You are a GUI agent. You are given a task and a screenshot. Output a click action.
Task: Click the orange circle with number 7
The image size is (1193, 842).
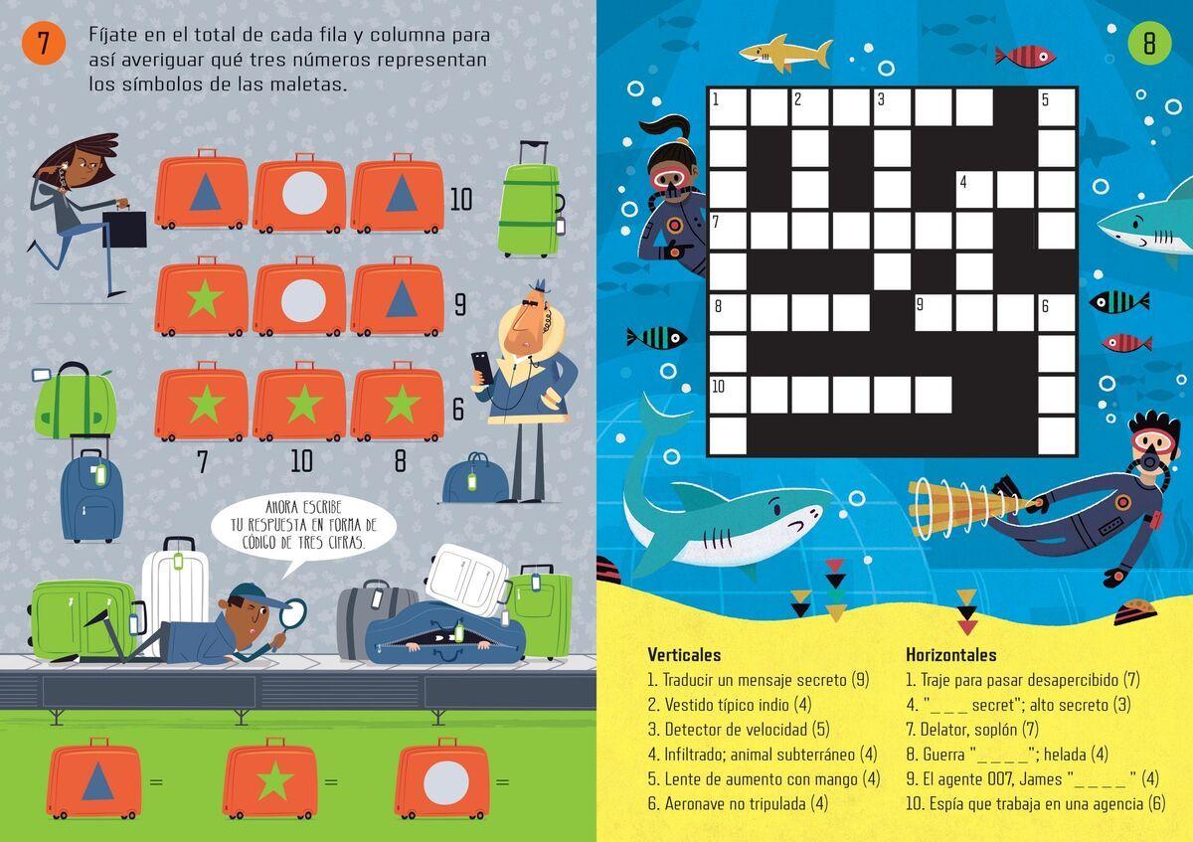pos(44,43)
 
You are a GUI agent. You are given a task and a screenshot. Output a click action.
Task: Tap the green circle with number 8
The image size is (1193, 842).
pos(1149,43)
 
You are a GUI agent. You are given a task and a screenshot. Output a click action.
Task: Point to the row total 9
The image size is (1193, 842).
pos(460,304)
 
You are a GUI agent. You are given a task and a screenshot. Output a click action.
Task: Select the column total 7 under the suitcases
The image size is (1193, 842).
pos(202,461)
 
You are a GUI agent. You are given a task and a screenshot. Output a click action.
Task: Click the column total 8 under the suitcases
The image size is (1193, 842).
pos(401,460)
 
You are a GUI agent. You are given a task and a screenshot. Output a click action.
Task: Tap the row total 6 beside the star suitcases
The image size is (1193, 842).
pos(458,409)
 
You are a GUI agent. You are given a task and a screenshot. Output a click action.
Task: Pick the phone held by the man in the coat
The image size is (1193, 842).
pos(481,367)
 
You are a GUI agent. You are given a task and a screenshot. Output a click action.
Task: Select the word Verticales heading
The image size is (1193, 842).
pos(684,654)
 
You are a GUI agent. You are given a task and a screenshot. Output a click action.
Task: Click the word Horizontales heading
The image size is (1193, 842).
pos(951,654)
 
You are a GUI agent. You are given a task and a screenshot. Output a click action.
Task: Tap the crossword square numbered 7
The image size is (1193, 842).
pos(728,231)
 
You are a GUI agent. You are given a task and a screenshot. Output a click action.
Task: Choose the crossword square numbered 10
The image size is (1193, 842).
pos(728,396)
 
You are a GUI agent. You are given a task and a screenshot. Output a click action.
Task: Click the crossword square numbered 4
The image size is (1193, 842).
pos(974,189)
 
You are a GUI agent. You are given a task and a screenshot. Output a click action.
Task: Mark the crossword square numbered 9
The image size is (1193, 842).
pos(934,312)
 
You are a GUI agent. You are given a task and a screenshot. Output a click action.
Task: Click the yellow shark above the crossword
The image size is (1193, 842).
pos(785,53)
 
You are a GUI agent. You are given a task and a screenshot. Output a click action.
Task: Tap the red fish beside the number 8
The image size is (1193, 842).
pos(1025,57)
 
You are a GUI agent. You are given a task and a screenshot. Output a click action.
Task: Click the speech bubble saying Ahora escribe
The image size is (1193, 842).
pos(303,526)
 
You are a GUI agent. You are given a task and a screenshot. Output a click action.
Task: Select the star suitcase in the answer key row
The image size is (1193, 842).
pos(270,779)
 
